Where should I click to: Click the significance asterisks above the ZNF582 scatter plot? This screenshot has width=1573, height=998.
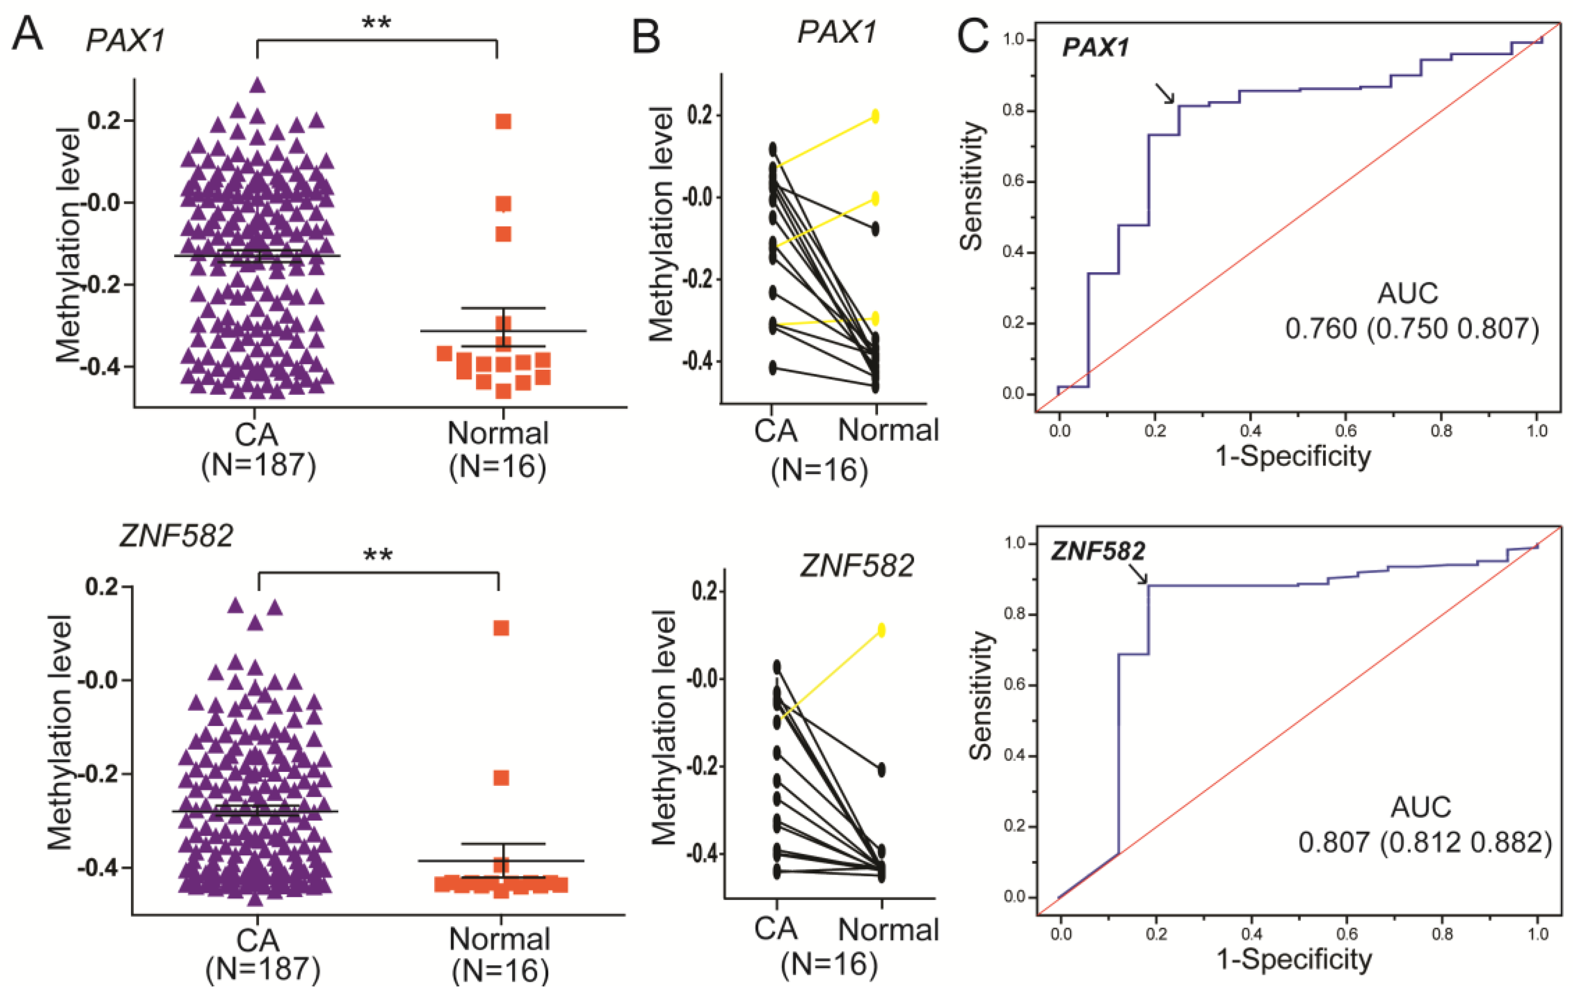coord(378,556)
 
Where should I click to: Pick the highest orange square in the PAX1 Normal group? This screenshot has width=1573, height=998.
coord(503,121)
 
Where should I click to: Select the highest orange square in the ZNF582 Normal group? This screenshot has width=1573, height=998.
coord(501,628)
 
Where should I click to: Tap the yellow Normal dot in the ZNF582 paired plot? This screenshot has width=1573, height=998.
coord(881,630)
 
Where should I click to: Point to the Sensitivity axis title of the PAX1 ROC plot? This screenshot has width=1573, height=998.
coord(971,186)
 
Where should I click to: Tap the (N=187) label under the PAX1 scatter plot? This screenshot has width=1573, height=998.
coord(259,465)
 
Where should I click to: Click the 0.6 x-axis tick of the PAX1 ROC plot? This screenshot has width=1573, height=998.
coord(1346,431)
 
